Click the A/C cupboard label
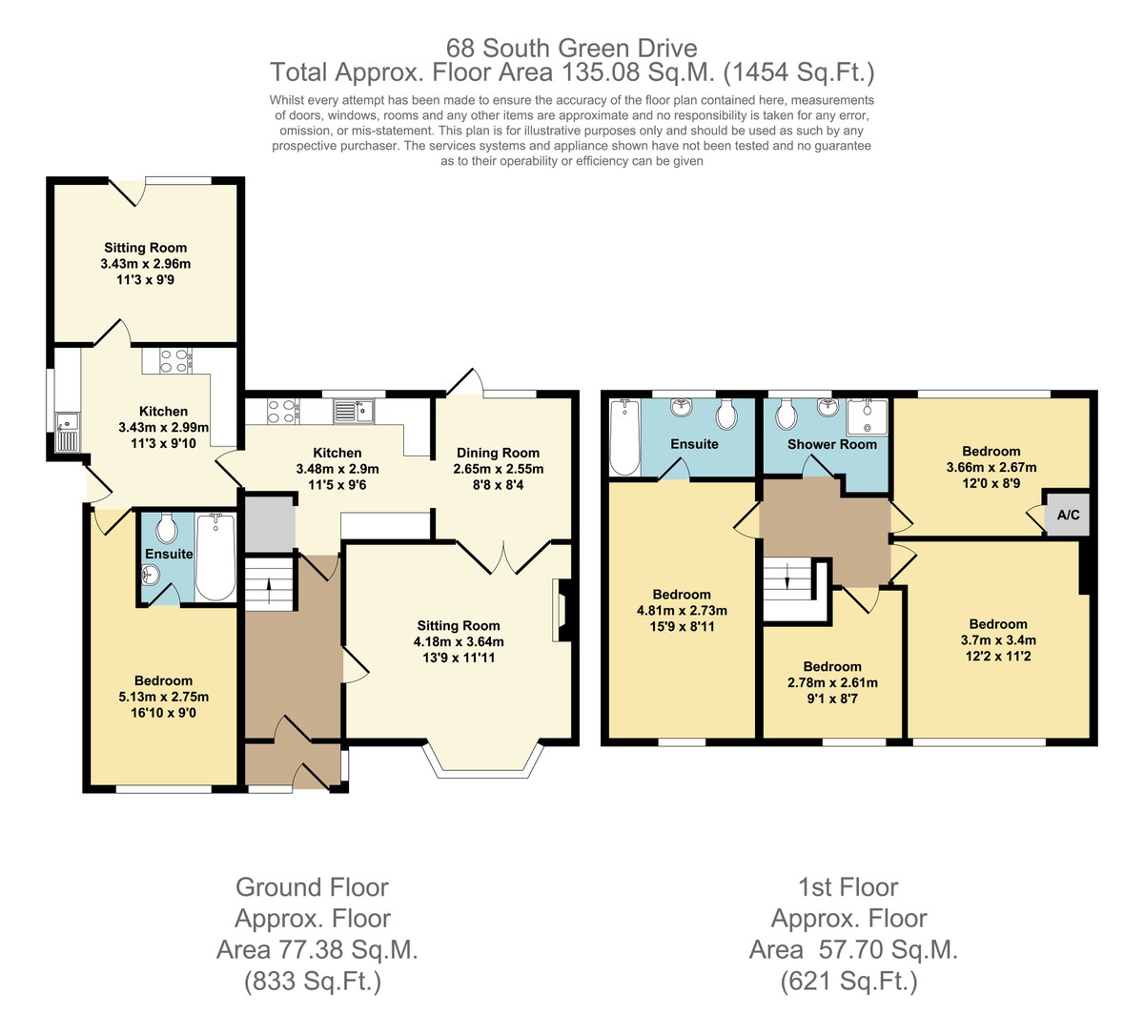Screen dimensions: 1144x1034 click(1068, 515)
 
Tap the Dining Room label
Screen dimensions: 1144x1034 click(498, 453)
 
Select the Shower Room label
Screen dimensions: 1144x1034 click(832, 444)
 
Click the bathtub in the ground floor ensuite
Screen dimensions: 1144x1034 click(215, 557)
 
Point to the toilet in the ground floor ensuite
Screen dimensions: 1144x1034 click(167, 528)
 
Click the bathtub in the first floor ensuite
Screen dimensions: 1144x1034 click(625, 437)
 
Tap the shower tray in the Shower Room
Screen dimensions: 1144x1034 click(867, 417)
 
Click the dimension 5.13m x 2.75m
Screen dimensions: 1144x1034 click(163, 697)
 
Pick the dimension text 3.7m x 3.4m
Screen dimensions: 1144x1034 click(998, 639)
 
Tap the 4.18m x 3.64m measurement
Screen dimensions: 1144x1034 click(459, 641)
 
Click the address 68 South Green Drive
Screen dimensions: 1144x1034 click(571, 48)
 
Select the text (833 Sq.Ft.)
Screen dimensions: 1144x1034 click(313, 982)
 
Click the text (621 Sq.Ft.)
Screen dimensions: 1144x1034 click(848, 982)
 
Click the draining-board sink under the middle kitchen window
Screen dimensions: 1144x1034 click(354, 411)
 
